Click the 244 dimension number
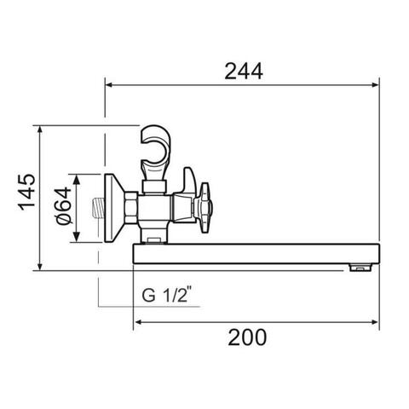pos(244,71)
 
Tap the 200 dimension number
pos(247,337)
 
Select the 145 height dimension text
pos(27,192)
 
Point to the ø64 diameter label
pos(64,205)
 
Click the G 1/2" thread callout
pos(167,295)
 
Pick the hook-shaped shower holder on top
pos(156,153)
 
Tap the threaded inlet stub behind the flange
pos(99,208)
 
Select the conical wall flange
pos(114,208)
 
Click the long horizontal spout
pos(256,254)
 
